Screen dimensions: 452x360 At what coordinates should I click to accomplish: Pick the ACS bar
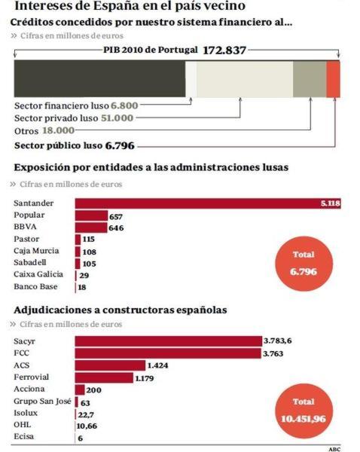coord(110,365)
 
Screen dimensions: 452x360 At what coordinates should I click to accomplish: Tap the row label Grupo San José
coord(41,402)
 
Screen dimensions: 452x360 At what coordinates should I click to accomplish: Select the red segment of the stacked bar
coord(333,79)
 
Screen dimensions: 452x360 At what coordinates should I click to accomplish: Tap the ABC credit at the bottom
coord(335,447)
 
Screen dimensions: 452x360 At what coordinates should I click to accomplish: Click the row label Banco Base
coord(35,287)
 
